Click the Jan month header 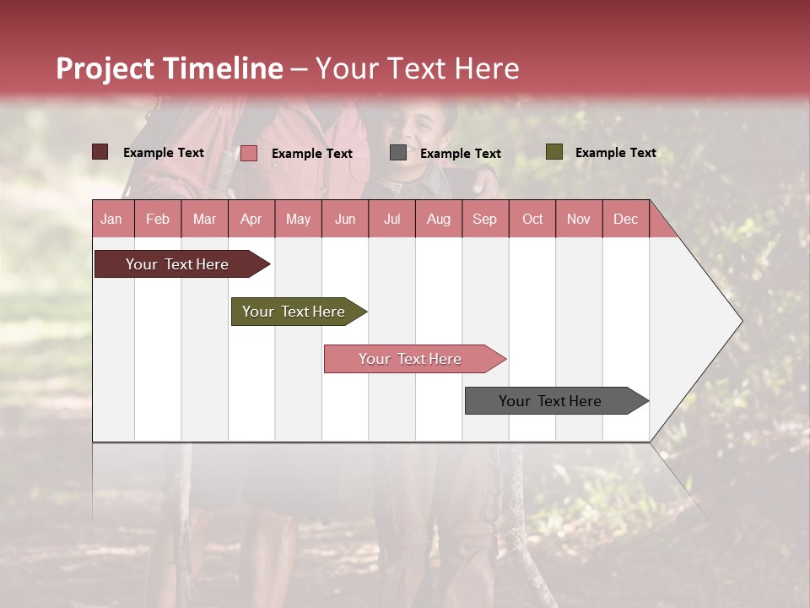point(112,220)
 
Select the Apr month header point(251,220)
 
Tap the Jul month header point(391,220)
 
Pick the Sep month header point(485,220)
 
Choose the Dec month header point(625,220)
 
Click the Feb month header point(158,220)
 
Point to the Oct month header point(532,220)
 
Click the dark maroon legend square point(100,152)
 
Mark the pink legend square point(249,153)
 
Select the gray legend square point(398,153)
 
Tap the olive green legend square point(554,152)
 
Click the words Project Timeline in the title point(170,68)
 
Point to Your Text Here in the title point(417,68)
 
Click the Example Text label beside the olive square point(615,153)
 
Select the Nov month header point(579,220)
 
